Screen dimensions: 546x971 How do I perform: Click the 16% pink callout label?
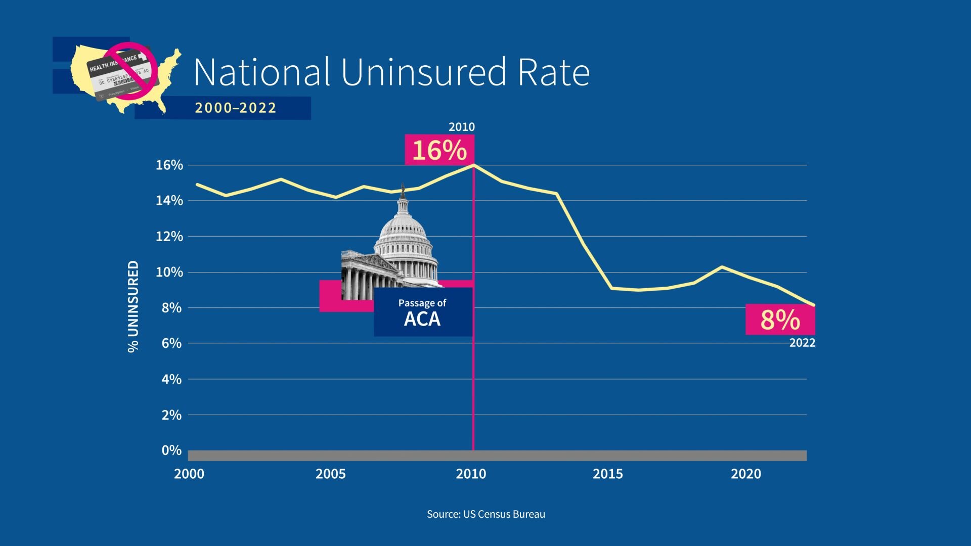click(x=439, y=150)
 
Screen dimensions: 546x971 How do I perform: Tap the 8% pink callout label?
click(x=780, y=320)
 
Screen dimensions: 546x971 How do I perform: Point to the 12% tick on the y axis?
click(x=169, y=237)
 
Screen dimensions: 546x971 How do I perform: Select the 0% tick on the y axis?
click(x=171, y=450)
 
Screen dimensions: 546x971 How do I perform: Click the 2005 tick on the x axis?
click(x=330, y=474)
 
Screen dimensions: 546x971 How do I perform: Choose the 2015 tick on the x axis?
click(x=607, y=474)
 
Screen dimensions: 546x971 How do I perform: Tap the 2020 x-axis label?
click(x=745, y=474)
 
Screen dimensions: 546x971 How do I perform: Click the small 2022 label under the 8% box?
click(x=802, y=343)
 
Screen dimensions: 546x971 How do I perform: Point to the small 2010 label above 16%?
click(x=461, y=127)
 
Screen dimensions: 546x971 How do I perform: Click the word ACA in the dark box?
click(x=422, y=320)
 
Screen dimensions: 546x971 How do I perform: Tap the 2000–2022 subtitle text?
click(x=236, y=108)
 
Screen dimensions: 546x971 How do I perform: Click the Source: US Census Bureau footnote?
click(x=485, y=514)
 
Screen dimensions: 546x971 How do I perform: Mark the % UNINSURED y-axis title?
click(x=133, y=306)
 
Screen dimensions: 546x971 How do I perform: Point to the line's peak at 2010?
click(x=473, y=165)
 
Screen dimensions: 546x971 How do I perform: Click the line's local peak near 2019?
click(x=722, y=266)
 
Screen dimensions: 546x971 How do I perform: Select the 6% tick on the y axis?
click(x=171, y=343)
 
